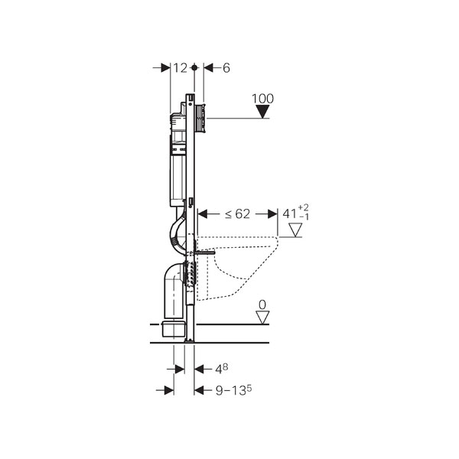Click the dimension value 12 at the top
click(180, 68)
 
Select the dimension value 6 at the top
click(226, 68)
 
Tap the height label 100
click(263, 99)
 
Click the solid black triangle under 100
click(262, 112)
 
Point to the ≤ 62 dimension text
click(237, 214)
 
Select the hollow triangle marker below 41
click(295, 229)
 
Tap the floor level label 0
click(262, 305)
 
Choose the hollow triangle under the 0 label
click(262, 317)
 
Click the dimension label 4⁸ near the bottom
click(222, 369)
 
